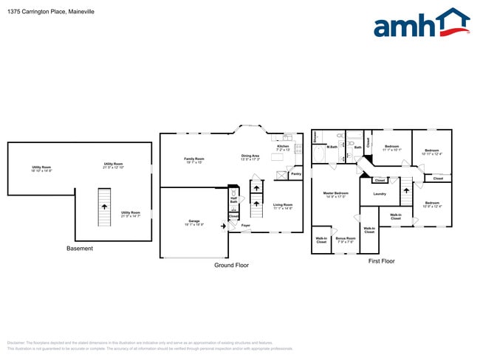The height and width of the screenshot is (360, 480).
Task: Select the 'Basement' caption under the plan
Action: pos(80,249)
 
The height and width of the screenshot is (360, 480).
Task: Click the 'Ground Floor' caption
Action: pos(230,265)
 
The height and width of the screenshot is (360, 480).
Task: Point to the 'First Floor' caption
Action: pos(381,261)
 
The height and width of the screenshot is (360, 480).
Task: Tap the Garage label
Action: pos(194,222)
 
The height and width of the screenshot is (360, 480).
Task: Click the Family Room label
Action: pos(194,159)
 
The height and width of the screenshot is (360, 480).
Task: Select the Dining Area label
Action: pos(250,156)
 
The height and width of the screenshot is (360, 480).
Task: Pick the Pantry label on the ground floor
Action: pos(295,174)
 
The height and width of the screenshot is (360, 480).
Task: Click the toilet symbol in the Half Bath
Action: pos(233,209)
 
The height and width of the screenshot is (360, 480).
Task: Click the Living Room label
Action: pos(283,206)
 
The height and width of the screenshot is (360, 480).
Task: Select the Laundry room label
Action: pos(380,194)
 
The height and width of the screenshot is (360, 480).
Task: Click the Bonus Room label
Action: pos(346,239)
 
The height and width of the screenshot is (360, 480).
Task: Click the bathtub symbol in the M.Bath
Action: pos(317,138)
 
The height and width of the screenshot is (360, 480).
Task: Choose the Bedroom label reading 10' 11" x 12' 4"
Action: pos(432,152)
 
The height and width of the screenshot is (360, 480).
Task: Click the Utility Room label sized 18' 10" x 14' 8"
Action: pos(41,168)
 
